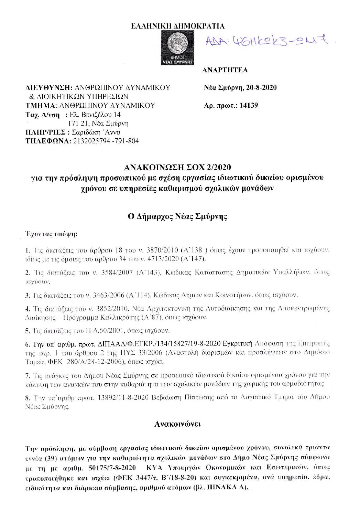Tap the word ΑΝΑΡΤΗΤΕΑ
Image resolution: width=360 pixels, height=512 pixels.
coord(225,70)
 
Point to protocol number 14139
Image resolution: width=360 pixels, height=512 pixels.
coord(249,105)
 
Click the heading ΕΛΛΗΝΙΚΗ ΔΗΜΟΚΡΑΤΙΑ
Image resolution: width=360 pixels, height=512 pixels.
coord(178,26)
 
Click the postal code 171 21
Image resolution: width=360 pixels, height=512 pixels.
coord(78,123)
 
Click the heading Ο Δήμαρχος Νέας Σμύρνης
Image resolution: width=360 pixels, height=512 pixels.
coord(177,216)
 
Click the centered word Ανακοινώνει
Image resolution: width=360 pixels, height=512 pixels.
coord(177,424)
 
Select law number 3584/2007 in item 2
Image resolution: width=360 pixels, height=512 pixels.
coord(117,273)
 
